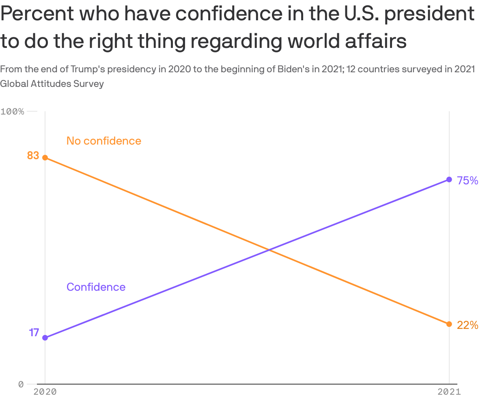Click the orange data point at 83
(45, 158)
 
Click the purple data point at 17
(45, 337)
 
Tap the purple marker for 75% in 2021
(449, 179)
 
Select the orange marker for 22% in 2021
(449, 324)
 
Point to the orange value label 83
(33, 156)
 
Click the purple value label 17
(34, 333)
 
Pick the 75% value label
(467, 181)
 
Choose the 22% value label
(467, 325)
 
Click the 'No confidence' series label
(104, 141)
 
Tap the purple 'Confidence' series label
(96, 287)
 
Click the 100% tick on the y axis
(13, 111)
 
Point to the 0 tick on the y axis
(21, 384)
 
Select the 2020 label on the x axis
(45, 392)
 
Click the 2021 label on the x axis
(449, 392)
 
